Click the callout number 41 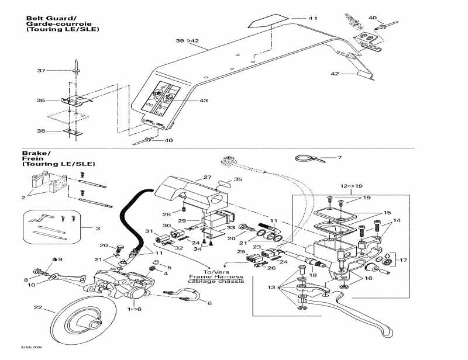pyautogui.click(x=313, y=19)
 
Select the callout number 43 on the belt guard pyautogui.click(x=204, y=101)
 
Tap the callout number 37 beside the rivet pyautogui.click(x=41, y=71)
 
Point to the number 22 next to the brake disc pyautogui.click(x=38, y=308)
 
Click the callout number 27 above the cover pyautogui.click(x=207, y=176)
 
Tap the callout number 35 pyautogui.click(x=238, y=179)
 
